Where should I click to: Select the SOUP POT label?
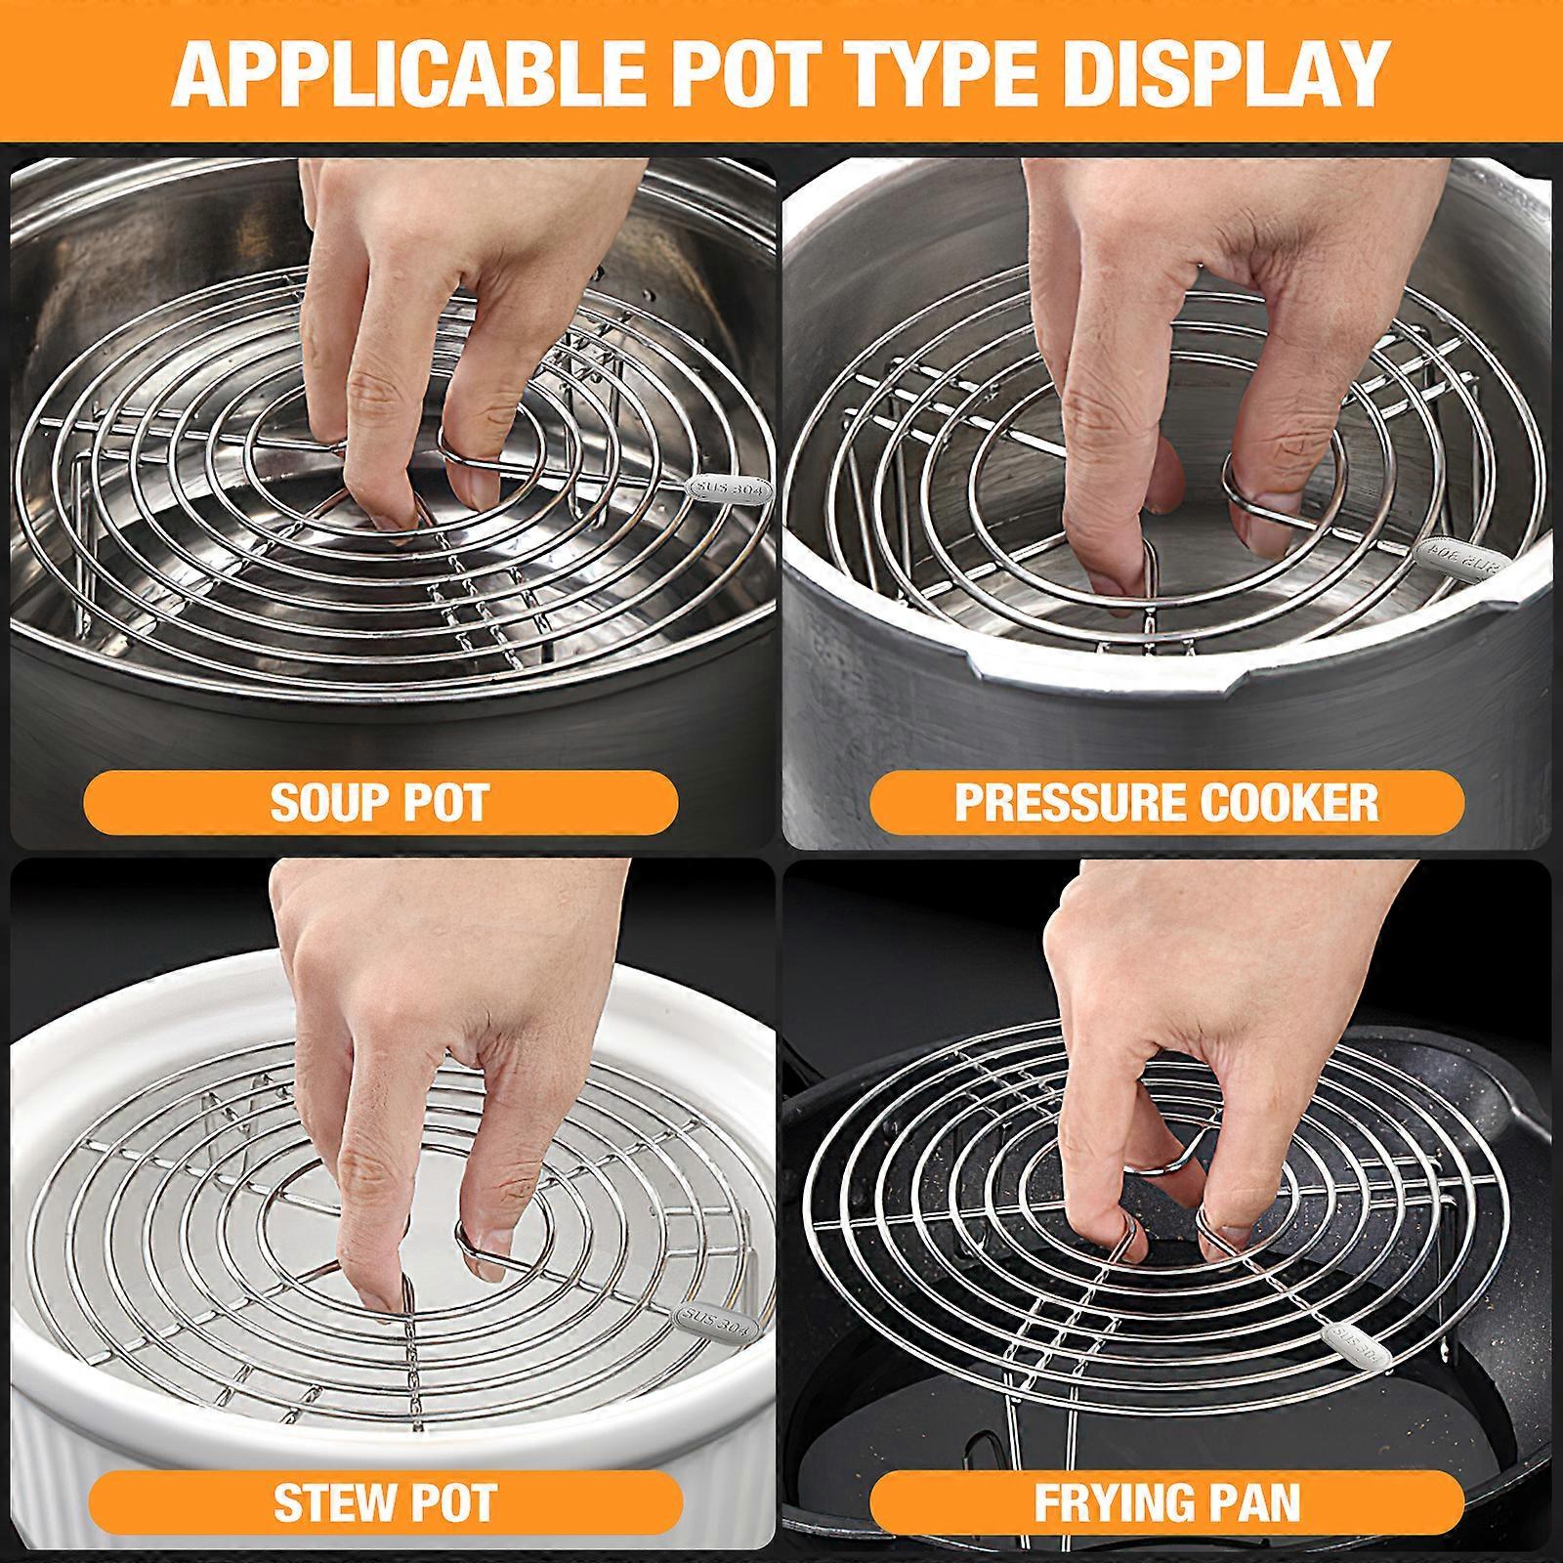pos(380,802)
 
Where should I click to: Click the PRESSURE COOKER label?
pos(1166,802)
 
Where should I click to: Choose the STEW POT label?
pos(385,1503)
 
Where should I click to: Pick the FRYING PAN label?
pos(1166,1503)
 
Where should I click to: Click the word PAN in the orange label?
pos(1260,1503)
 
